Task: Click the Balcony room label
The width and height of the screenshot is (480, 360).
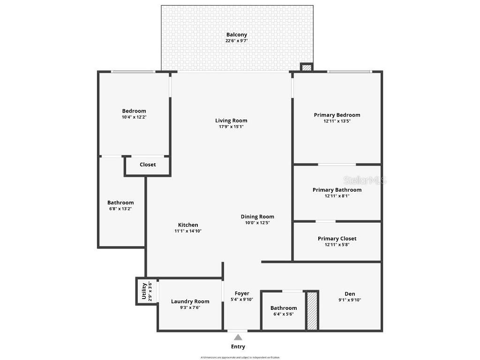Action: (237, 35)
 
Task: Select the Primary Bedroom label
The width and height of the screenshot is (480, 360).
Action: (337, 115)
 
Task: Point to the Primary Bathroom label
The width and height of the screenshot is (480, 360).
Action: (337, 190)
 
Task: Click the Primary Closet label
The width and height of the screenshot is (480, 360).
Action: (337, 239)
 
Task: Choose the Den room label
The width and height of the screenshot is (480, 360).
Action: (350, 294)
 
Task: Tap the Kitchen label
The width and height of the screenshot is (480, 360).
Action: (188, 225)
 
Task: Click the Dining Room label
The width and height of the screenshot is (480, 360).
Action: (257, 217)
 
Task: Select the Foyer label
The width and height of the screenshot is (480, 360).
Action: (242, 293)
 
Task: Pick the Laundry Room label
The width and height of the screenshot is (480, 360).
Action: (190, 301)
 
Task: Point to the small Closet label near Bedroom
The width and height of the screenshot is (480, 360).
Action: (148, 165)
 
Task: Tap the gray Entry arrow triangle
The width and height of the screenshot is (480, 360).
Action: (238, 337)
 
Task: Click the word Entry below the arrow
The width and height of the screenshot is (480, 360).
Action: (238, 347)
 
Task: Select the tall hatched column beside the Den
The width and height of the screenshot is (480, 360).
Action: (312, 310)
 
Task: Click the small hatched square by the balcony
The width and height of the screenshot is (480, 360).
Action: (306, 67)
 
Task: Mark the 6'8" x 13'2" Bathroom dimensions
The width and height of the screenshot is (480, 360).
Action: (120, 209)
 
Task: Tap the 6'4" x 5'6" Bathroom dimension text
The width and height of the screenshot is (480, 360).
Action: (284, 314)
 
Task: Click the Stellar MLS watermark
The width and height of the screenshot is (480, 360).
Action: (364, 180)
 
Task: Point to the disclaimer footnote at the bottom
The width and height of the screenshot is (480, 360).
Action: (240, 357)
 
